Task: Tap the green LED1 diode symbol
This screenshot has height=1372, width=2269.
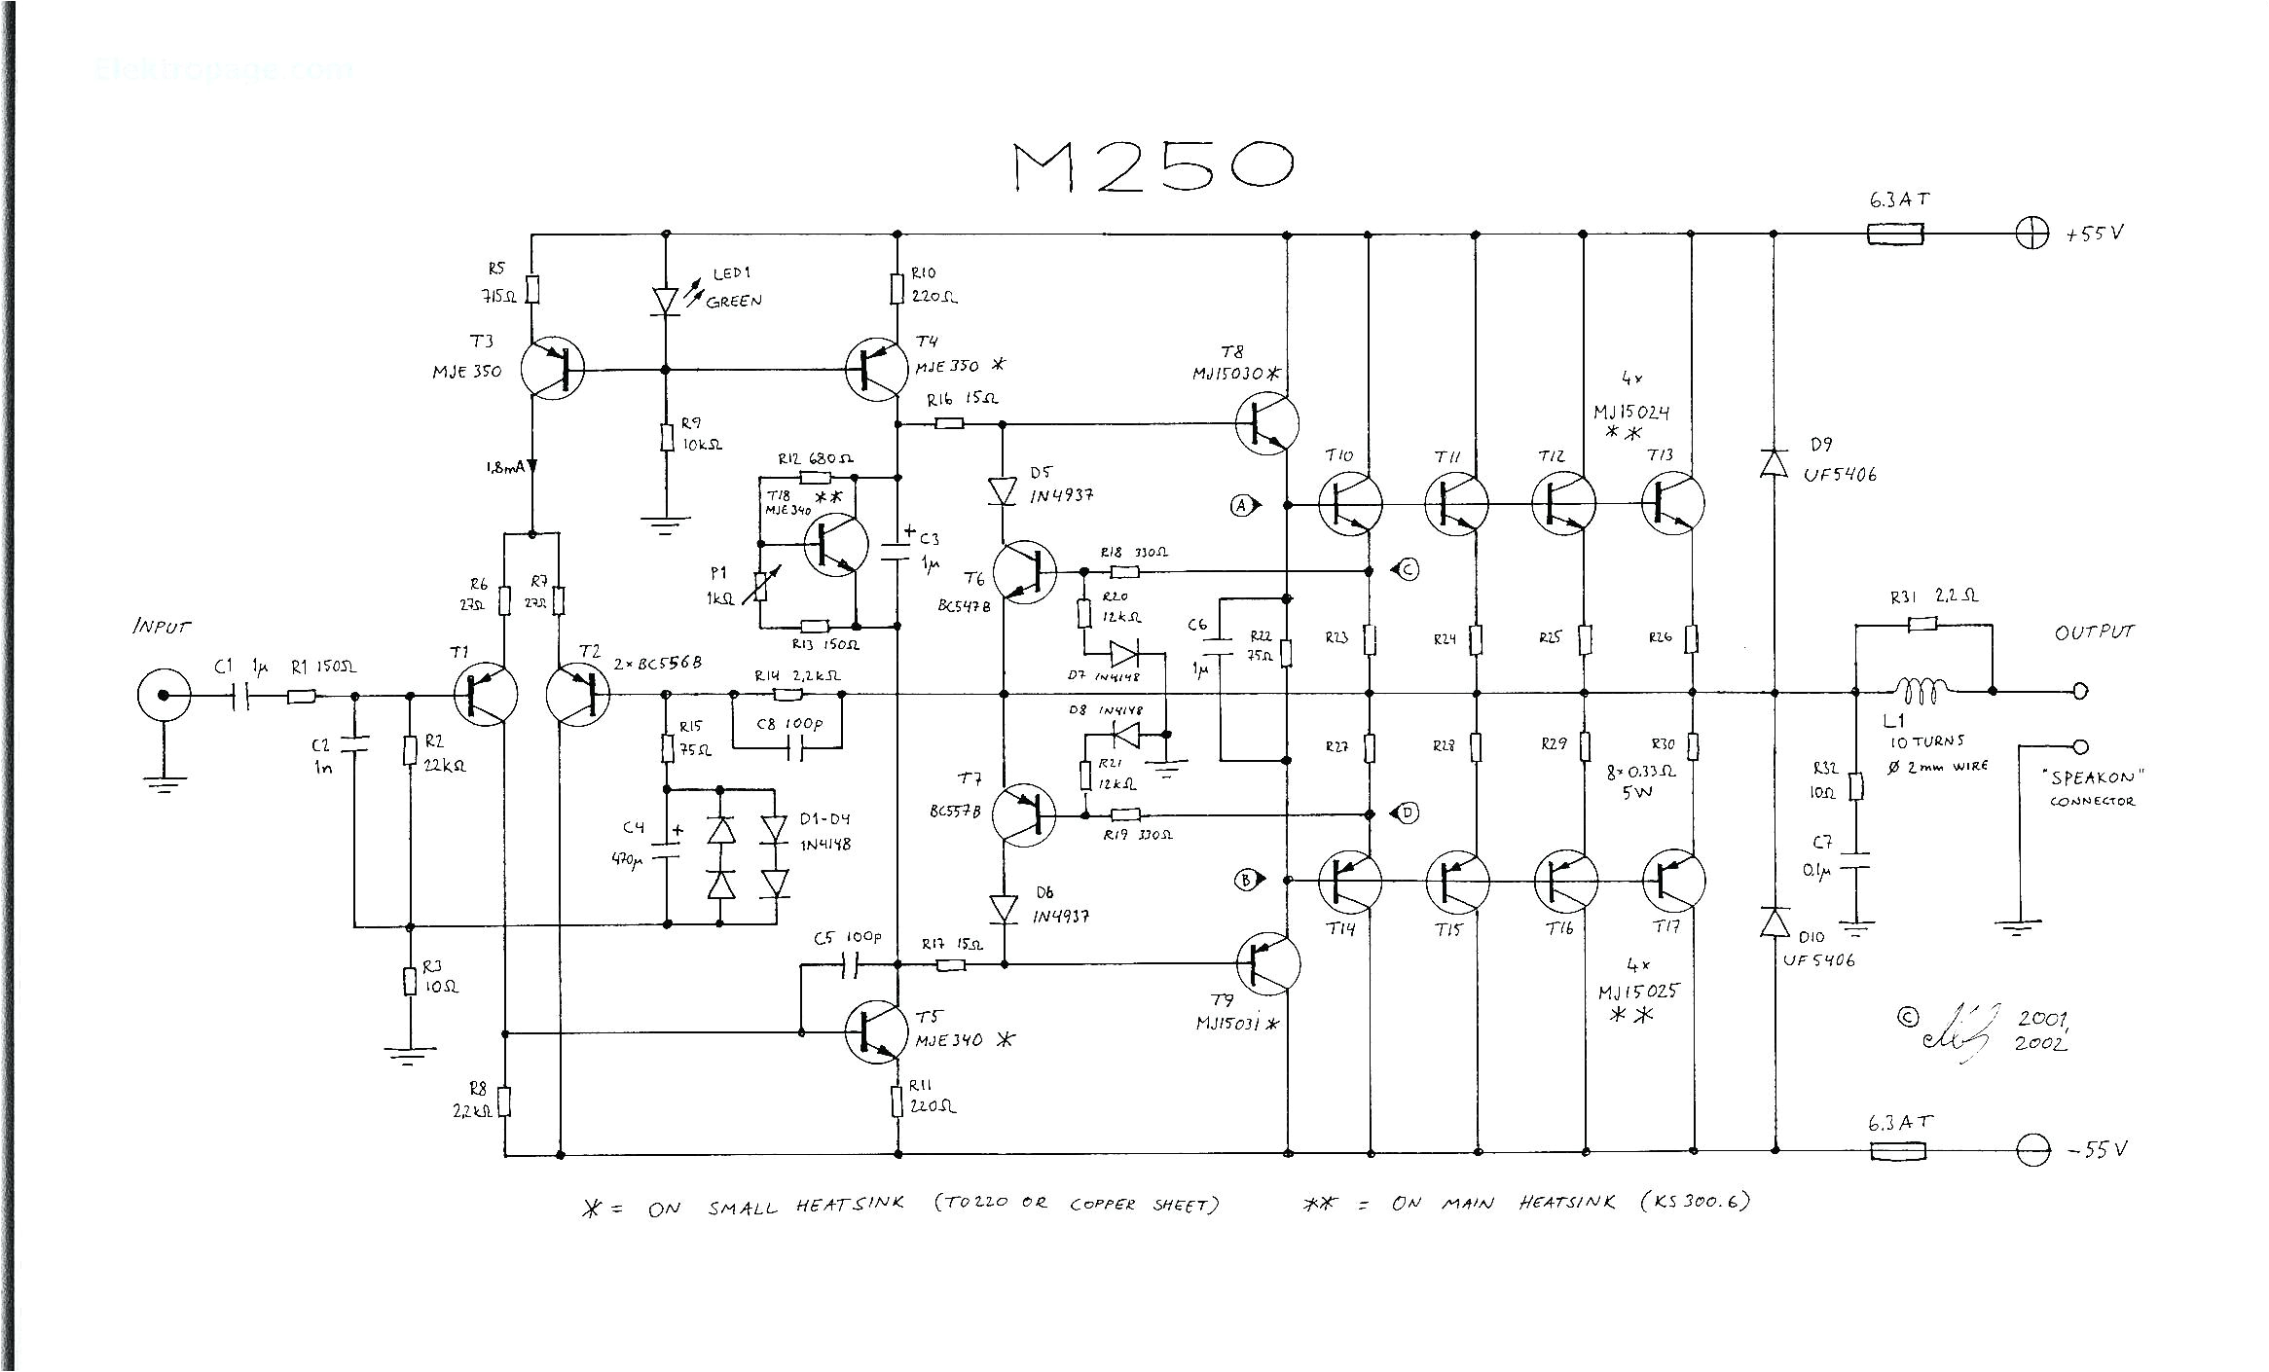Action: click(x=666, y=301)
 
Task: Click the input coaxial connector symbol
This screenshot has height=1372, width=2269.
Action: click(x=163, y=695)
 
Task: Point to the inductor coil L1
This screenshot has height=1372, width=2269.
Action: click(x=1920, y=692)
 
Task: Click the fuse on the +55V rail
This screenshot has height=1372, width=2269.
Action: click(x=1895, y=235)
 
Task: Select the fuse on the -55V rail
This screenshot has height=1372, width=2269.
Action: click(x=1897, y=1151)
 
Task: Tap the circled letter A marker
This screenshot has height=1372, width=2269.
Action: click(x=1241, y=505)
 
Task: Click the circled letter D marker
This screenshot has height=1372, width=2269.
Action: click(x=1409, y=812)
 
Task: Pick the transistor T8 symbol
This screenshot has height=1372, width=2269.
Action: click(x=1267, y=422)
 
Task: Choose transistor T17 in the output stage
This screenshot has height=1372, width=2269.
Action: click(x=1673, y=881)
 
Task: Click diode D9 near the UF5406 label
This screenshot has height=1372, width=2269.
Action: click(x=1775, y=462)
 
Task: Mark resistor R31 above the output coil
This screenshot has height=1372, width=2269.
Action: click(x=1921, y=625)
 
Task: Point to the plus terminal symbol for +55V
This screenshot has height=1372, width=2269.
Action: click(x=2031, y=235)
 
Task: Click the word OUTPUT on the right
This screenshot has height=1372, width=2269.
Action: click(x=2094, y=632)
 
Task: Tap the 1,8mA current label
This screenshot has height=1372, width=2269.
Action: click(x=505, y=468)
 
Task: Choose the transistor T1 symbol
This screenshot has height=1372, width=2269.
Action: click(x=486, y=695)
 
